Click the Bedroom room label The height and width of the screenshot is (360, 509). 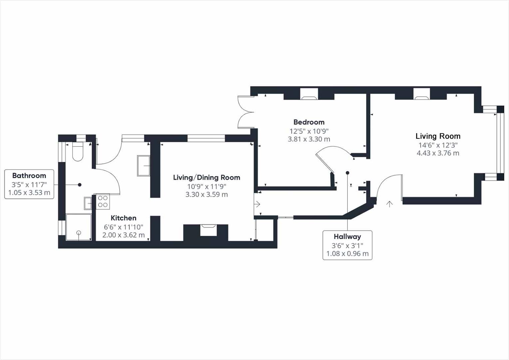(x=309, y=122)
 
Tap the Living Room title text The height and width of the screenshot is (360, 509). (x=438, y=136)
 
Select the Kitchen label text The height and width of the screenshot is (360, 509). (x=123, y=218)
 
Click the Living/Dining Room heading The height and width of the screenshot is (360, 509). (x=207, y=178)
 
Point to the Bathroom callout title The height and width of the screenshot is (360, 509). (x=29, y=176)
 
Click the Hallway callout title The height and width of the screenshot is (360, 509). (x=347, y=237)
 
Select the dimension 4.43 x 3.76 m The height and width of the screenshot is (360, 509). (x=438, y=153)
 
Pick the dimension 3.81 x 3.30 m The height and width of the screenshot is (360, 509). (x=309, y=139)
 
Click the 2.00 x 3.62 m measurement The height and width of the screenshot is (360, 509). (x=123, y=235)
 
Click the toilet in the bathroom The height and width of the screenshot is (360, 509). (x=78, y=153)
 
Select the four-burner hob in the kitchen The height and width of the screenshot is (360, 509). (x=103, y=202)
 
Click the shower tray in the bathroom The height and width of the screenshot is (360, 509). (x=79, y=227)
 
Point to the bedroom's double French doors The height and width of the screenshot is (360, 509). (x=245, y=112)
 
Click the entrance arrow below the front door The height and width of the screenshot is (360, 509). (x=389, y=204)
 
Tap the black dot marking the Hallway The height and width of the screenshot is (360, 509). (x=347, y=173)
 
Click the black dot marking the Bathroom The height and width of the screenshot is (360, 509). (x=80, y=185)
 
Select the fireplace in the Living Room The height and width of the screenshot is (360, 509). (x=421, y=97)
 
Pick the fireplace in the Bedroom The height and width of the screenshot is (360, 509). (x=309, y=97)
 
